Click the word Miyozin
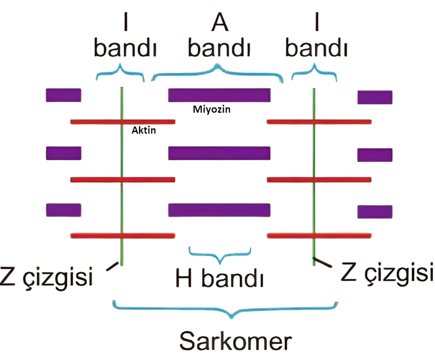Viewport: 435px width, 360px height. [212, 110]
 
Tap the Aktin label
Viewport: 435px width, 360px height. [144, 131]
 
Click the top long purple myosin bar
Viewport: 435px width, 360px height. [219, 95]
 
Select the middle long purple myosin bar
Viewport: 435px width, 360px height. [219, 153]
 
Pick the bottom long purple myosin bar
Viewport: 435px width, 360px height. [219, 210]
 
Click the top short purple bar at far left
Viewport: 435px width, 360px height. [63, 95]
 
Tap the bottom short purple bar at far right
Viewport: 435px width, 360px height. [375, 212]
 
